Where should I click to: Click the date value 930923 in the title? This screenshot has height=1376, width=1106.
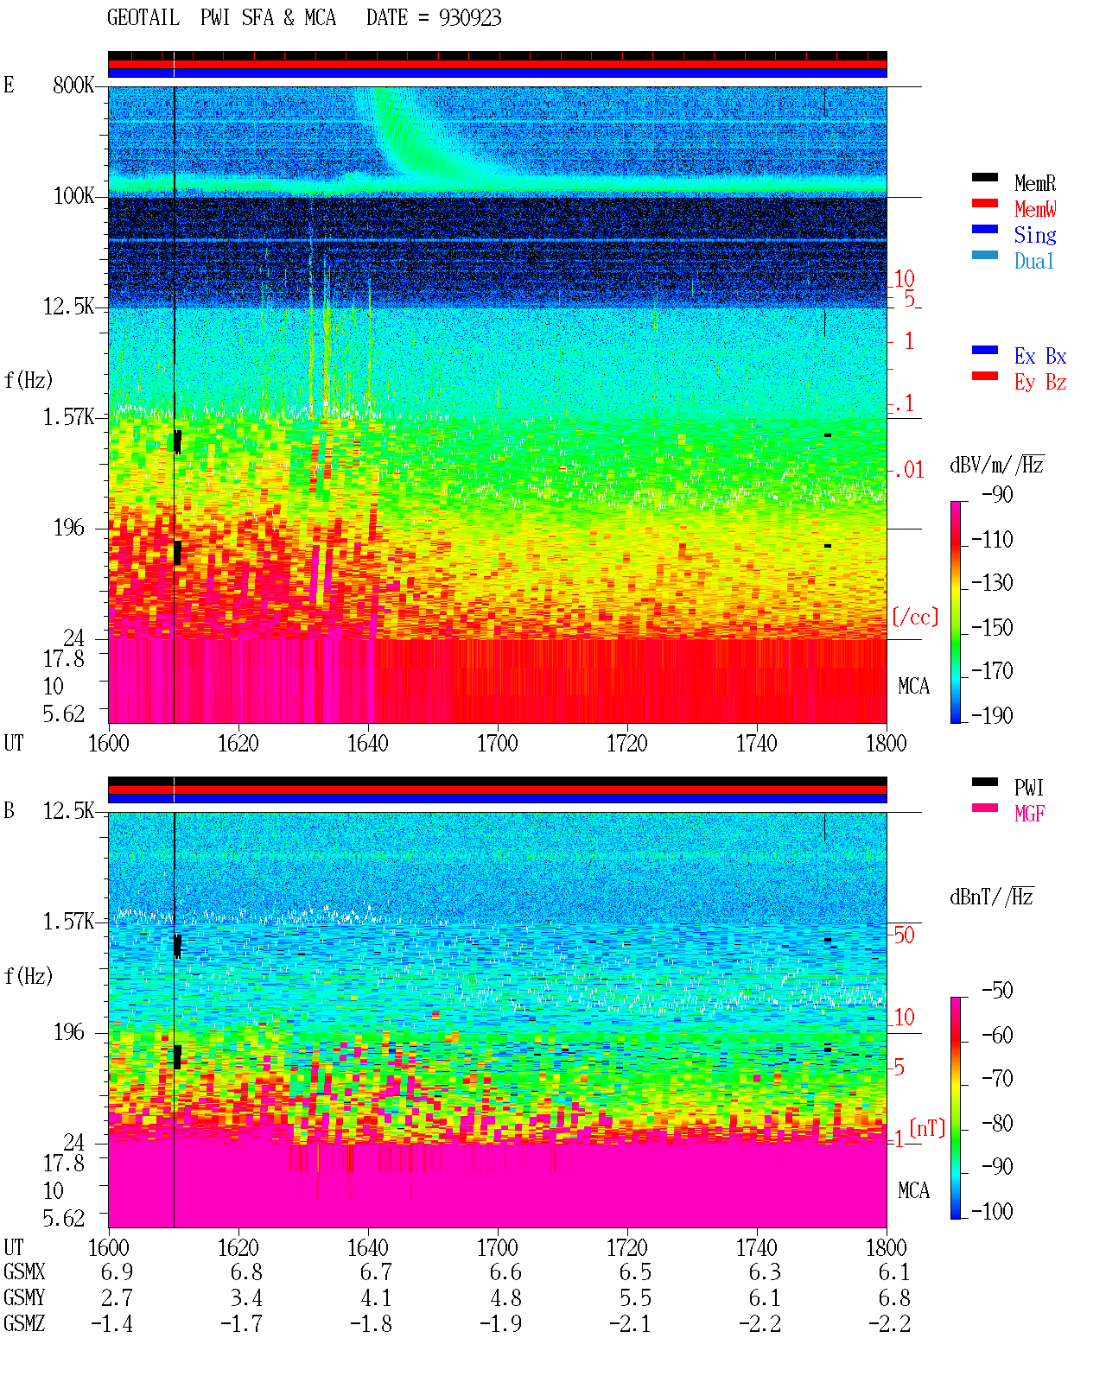click(469, 18)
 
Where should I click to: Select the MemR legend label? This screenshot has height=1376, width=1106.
click(1034, 183)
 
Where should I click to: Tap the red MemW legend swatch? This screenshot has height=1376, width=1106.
click(984, 203)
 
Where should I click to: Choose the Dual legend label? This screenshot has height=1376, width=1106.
click(1033, 262)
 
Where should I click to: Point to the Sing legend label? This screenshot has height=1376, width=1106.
click(1034, 235)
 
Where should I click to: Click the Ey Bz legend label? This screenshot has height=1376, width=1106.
click(1040, 383)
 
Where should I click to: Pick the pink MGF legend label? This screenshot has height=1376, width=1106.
click(1029, 814)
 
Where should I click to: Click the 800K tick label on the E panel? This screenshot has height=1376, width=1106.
click(73, 85)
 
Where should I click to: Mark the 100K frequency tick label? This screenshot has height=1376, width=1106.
click(73, 196)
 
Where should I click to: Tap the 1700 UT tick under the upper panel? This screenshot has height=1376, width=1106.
click(497, 744)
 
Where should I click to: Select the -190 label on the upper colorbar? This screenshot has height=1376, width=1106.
click(992, 715)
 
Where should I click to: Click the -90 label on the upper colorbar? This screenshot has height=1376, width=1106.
click(997, 495)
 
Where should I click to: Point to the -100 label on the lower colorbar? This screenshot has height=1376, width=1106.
click(992, 1211)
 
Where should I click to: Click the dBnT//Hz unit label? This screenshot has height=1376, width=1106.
click(992, 897)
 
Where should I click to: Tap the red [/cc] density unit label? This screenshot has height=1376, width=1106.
click(915, 617)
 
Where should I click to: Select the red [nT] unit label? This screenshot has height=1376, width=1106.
click(927, 1128)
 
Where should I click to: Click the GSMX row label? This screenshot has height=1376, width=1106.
click(24, 1271)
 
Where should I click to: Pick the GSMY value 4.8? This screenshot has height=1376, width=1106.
click(505, 1298)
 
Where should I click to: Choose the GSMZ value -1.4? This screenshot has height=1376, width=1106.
click(112, 1323)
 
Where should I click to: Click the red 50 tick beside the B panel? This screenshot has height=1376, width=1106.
click(904, 935)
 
